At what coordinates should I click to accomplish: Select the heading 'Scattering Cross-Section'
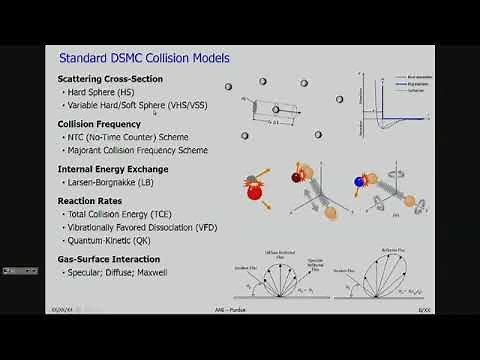[111, 78]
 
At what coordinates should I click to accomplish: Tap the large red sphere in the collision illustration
[254, 197]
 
